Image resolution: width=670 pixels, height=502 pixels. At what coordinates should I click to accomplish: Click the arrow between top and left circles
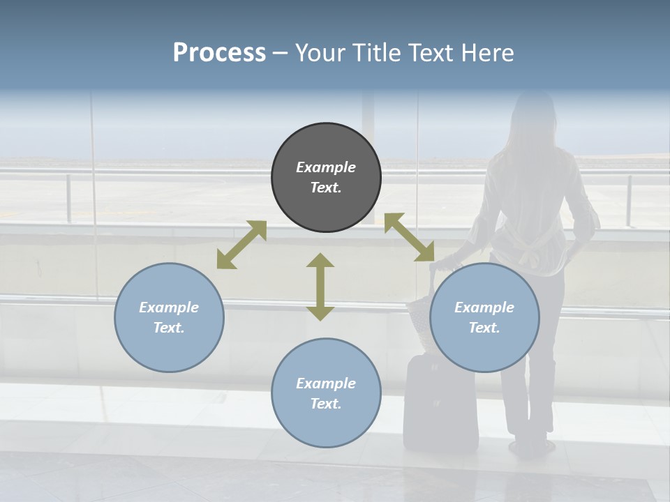click(241, 245)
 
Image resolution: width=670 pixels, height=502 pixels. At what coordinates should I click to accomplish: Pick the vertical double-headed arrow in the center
click(320, 287)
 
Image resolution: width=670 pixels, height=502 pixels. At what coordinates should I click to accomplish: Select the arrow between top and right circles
click(409, 237)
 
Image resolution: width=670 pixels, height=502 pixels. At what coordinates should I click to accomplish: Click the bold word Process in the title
click(219, 52)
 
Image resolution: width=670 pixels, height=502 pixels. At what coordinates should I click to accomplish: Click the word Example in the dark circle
click(326, 167)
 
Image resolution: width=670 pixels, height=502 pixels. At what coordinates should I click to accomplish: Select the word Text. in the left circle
click(169, 328)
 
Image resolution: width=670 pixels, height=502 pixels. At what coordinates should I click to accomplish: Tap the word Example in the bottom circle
click(326, 383)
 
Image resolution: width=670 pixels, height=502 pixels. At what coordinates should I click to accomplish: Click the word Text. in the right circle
click(484, 328)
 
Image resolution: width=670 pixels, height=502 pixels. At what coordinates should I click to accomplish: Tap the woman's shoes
click(529, 446)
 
